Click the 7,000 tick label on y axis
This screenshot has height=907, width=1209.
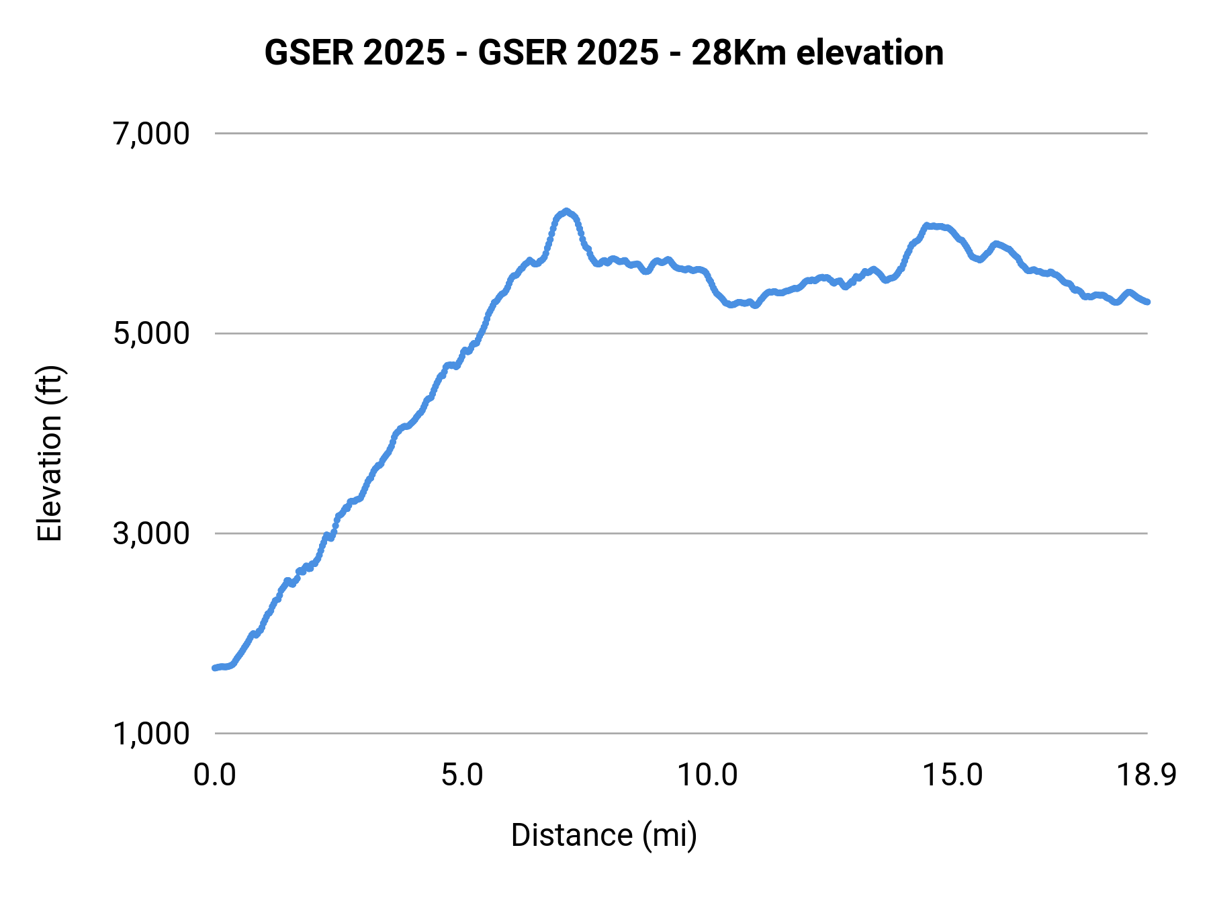151,134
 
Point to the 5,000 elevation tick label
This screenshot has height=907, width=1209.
151,333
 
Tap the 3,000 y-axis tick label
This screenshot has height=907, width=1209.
151,533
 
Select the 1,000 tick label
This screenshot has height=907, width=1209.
151,734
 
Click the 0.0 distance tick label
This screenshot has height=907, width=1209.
215,775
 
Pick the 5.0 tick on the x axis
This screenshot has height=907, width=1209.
462,775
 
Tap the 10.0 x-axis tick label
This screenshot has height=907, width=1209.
707,775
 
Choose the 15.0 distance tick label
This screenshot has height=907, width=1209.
952,775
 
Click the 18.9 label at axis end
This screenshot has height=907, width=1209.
1147,775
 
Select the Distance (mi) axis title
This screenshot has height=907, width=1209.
604,835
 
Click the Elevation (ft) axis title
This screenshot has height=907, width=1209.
50,453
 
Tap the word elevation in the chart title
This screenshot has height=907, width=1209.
869,52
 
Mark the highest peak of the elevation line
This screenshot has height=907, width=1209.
566,211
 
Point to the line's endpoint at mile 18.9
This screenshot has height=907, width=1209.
1147,302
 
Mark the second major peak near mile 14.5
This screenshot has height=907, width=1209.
927,226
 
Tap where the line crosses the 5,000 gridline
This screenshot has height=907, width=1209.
481,333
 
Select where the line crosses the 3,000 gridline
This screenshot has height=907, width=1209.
327,534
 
